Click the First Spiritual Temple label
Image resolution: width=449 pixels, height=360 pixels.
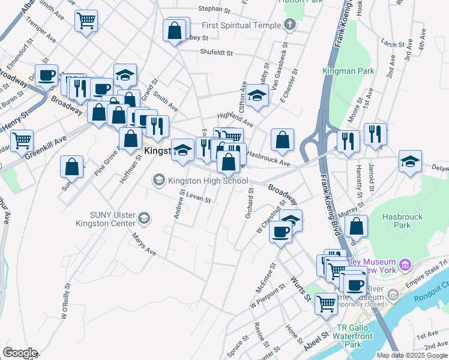241,25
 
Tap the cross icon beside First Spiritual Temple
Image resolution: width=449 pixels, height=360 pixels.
290,25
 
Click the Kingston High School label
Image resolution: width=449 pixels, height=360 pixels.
208,181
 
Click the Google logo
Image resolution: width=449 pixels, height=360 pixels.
20,353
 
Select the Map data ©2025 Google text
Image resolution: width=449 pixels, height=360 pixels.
412,355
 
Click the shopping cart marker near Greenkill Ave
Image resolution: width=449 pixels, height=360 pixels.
22,140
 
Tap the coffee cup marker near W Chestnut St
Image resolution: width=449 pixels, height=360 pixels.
280,232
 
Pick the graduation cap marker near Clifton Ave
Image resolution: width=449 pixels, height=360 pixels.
257,96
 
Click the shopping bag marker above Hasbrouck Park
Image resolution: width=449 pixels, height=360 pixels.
357,226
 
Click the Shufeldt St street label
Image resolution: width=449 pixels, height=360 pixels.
217,53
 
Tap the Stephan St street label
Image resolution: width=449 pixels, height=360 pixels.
214,10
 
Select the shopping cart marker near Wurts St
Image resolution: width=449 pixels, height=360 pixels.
327,303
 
